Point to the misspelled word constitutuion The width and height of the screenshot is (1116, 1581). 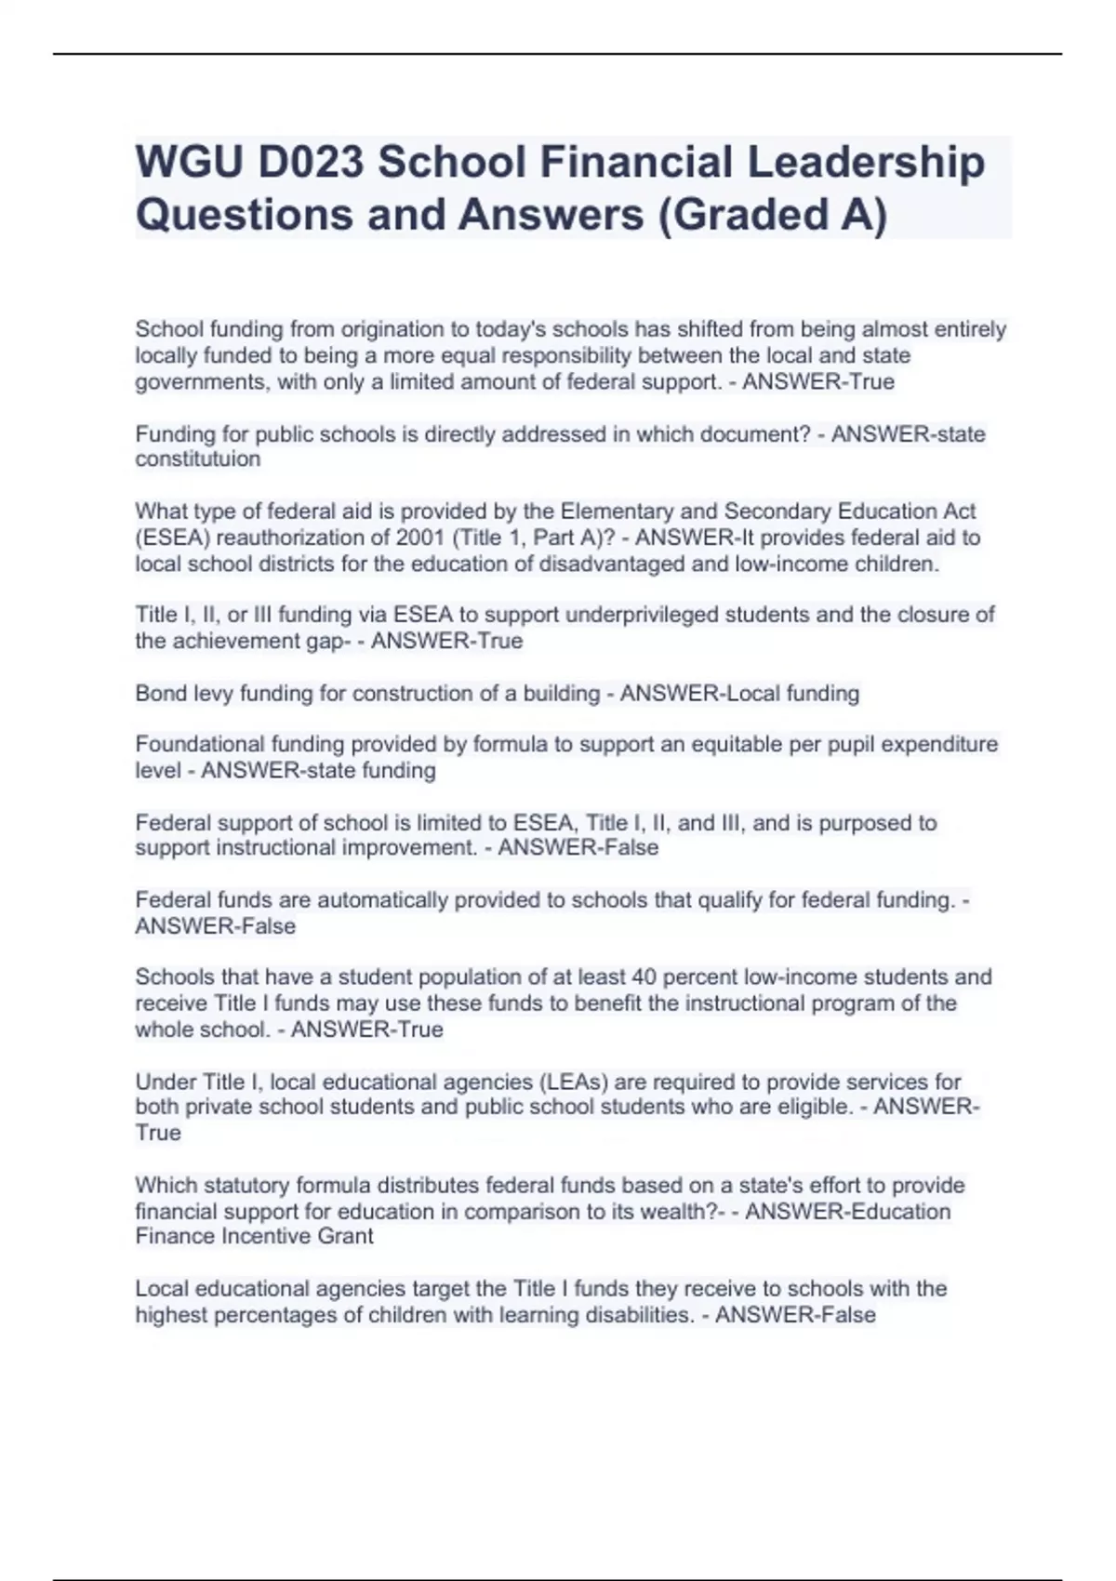(198, 459)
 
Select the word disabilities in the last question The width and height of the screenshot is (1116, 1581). (632, 1315)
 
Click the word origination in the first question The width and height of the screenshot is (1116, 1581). (392, 329)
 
